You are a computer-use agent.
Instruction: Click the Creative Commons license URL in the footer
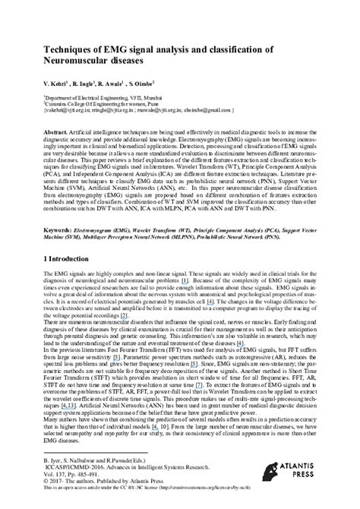click(x=226, y=494)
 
